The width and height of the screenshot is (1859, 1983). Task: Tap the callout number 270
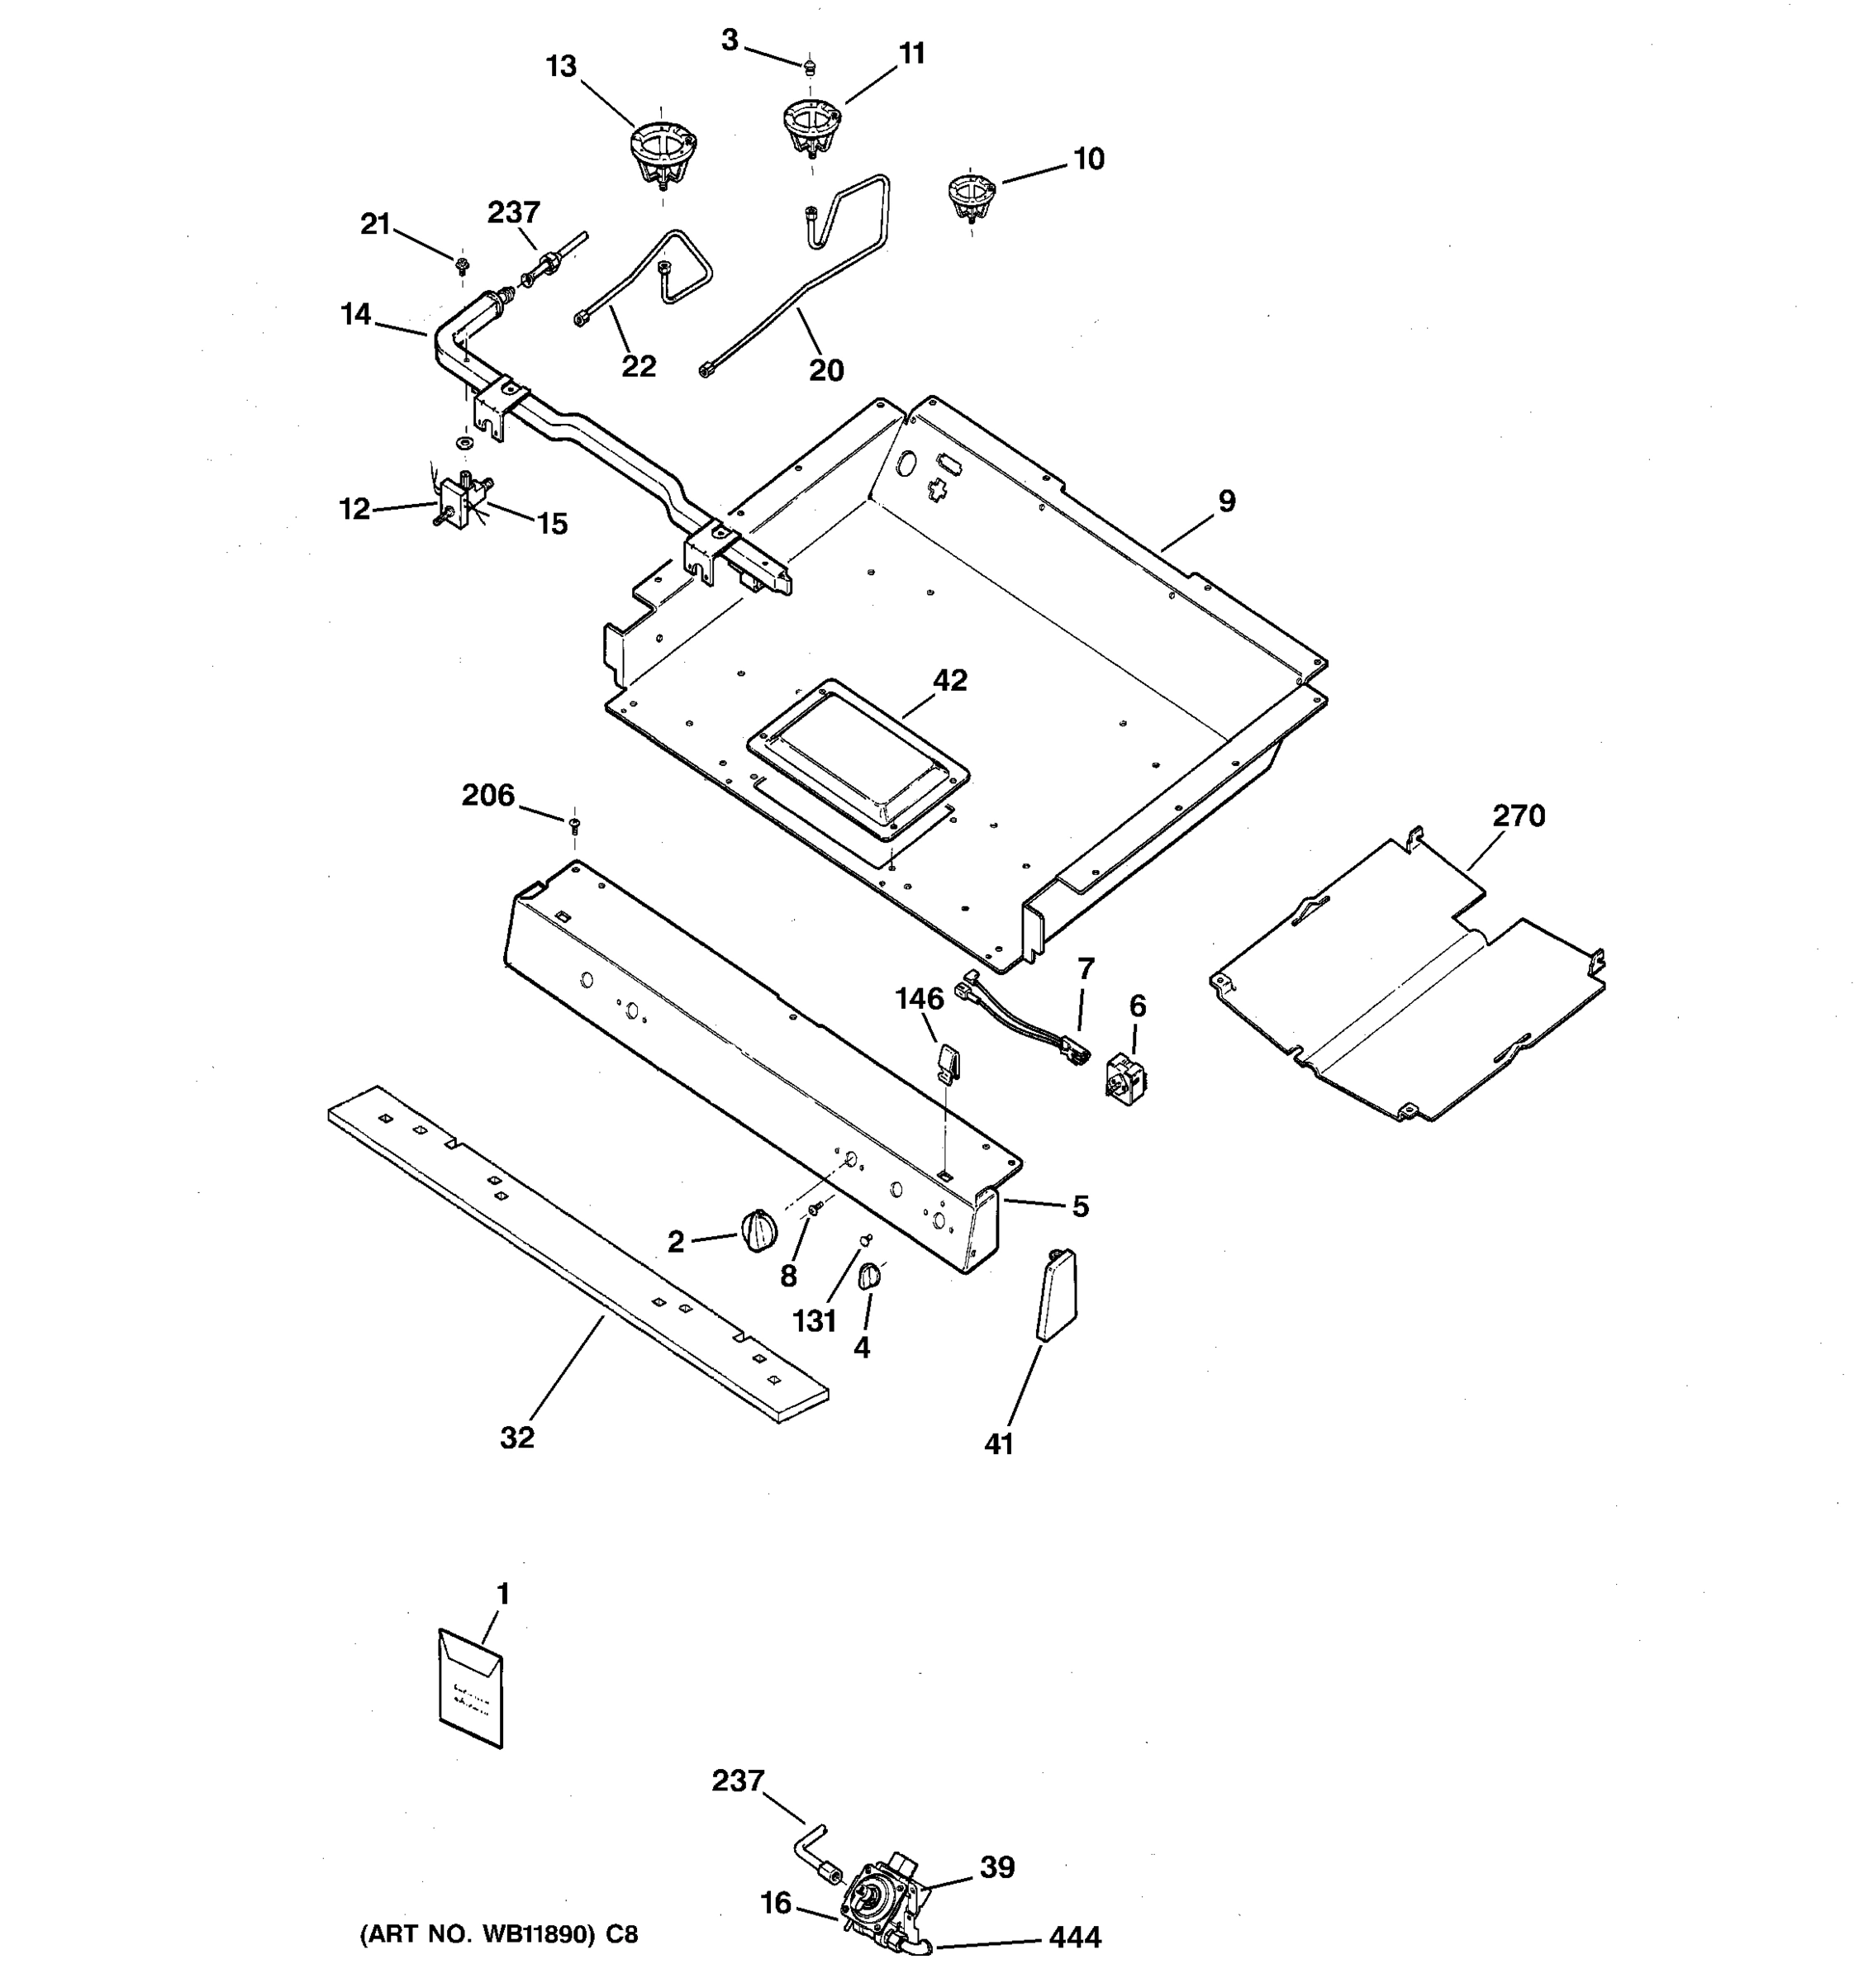[1518, 816]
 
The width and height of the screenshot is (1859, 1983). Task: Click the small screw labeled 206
[574, 824]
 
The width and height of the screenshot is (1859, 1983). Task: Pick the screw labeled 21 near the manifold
[462, 265]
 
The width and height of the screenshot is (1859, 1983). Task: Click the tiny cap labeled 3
[811, 67]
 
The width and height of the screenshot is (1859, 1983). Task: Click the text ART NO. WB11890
[497, 1935]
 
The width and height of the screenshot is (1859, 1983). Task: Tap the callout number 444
[1074, 1937]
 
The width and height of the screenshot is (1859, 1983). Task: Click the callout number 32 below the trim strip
[516, 1438]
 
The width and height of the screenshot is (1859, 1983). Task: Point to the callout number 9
[1226, 502]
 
